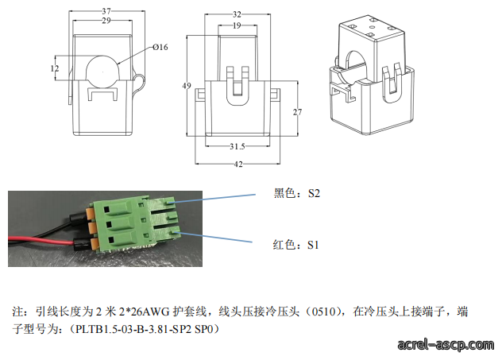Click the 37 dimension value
(106, 11)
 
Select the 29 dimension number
(106, 21)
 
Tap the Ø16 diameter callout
(160, 47)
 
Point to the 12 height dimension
(55, 68)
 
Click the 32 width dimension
(237, 14)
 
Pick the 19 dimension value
(237, 25)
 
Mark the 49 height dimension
(187, 86)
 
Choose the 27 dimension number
(297, 112)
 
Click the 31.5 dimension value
(237, 146)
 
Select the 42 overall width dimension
(238, 164)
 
